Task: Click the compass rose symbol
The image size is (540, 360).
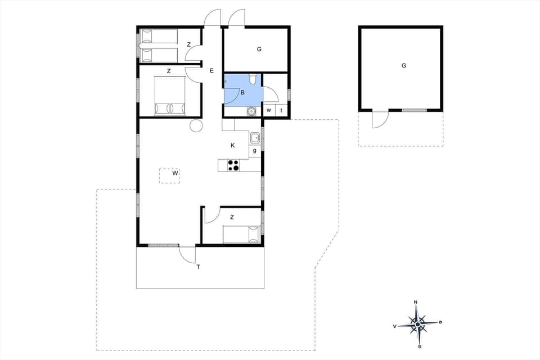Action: pyautogui.click(x=417, y=325)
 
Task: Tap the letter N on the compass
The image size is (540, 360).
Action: pyautogui.click(x=416, y=303)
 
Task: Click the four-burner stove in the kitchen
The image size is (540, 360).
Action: pyautogui.click(x=233, y=165)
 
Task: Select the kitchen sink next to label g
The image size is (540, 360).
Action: pyautogui.click(x=255, y=137)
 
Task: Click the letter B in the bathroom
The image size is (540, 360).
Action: pyautogui.click(x=242, y=92)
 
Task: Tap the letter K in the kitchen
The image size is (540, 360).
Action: pyautogui.click(x=232, y=146)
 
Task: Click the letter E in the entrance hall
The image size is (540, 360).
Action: pyautogui.click(x=211, y=71)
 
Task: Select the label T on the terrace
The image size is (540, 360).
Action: pyautogui.click(x=198, y=267)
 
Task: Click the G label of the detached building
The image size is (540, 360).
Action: pyautogui.click(x=403, y=66)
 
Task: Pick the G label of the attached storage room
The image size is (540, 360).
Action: pyautogui.click(x=259, y=49)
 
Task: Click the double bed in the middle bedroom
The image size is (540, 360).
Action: pyautogui.click(x=170, y=96)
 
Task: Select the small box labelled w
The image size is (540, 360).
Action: pyautogui.click(x=269, y=110)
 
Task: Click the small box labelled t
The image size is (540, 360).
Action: pyautogui.click(x=281, y=110)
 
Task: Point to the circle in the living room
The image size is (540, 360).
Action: pyautogui.click(x=196, y=126)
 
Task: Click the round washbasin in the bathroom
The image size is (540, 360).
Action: pyautogui.click(x=251, y=111)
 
